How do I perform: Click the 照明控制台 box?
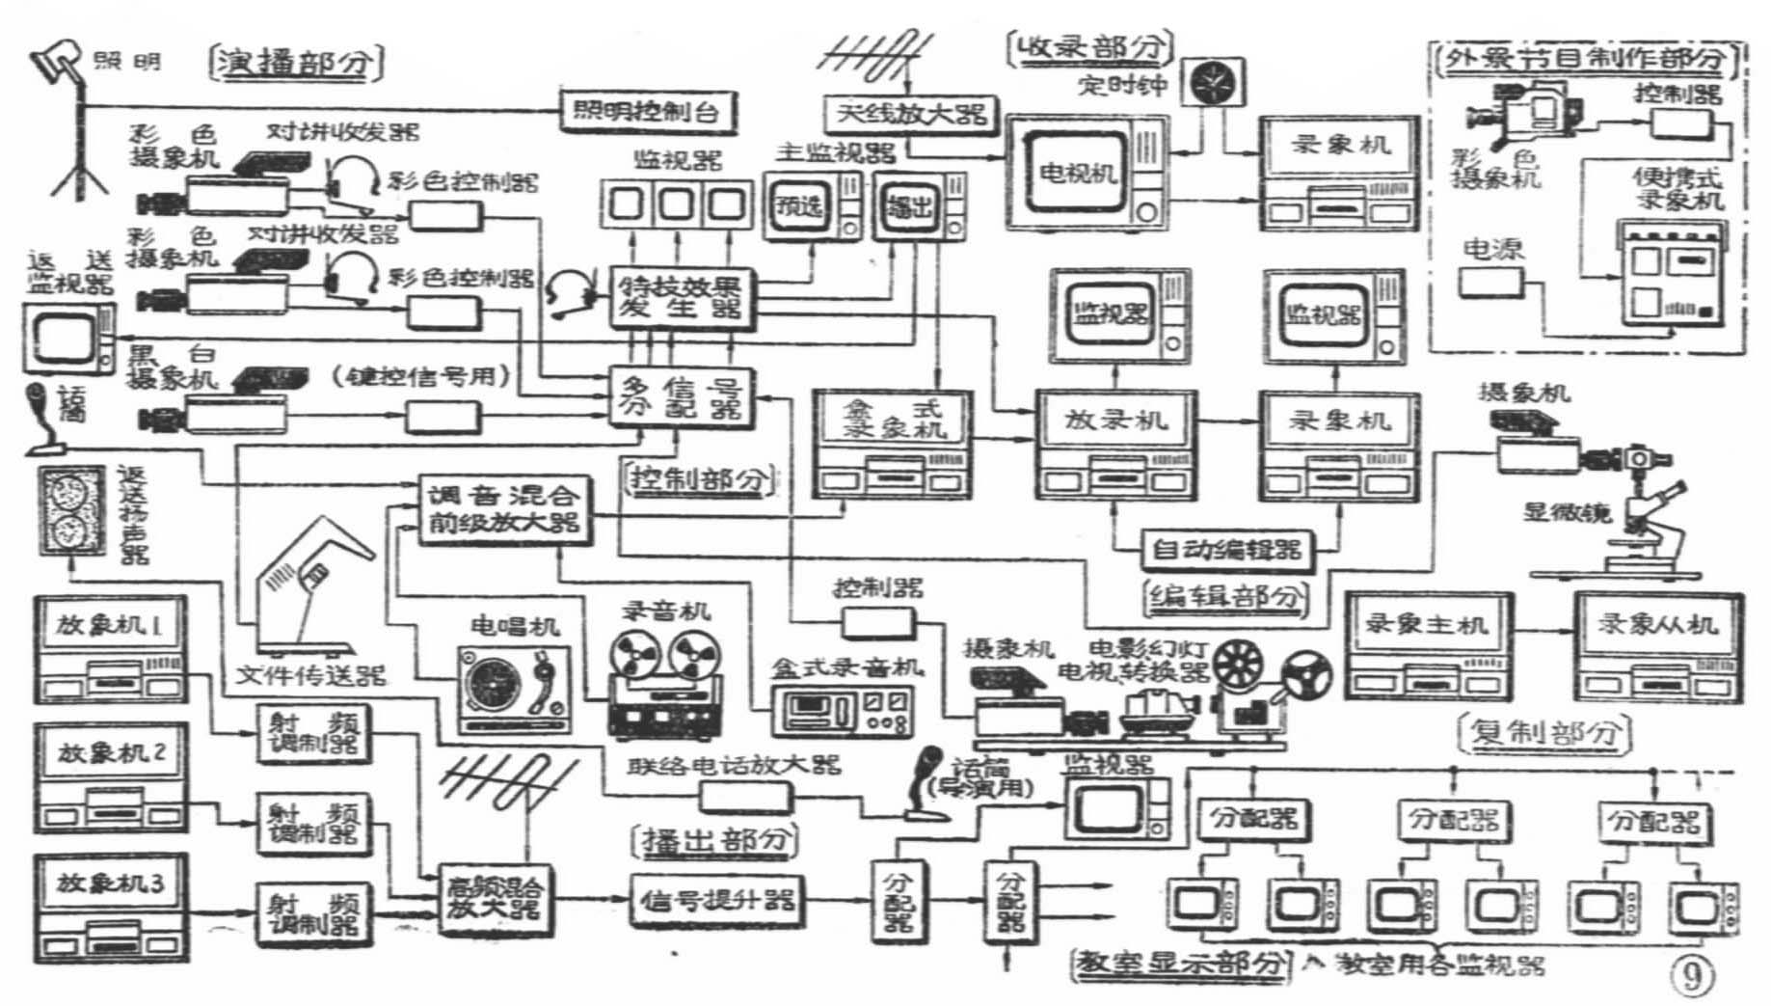point(639,112)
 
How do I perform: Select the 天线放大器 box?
point(909,114)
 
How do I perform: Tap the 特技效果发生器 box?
point(682,298)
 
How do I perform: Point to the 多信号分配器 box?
point(682,397)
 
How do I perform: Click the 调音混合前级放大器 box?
point(503,509)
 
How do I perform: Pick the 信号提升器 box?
point(716,900)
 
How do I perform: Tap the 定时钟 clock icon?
point(1216,82)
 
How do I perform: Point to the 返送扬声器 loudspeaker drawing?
point(72,512)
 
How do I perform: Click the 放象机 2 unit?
point(111,778)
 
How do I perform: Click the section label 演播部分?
point(295,64)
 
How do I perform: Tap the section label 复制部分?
point(1543,732)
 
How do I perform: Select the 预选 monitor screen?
point(799,206)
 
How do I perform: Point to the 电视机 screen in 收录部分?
point(1078,175)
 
